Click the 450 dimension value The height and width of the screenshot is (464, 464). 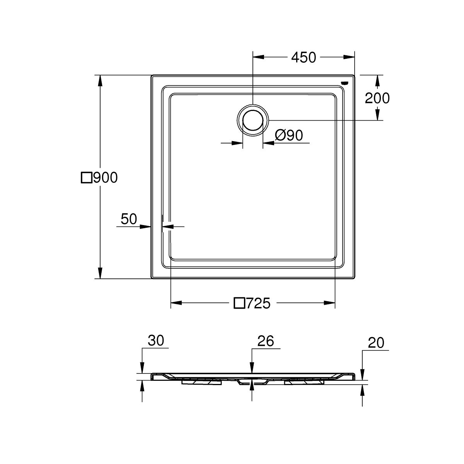[x=304, y=57]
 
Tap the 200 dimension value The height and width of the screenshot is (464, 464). [x=377, y=98]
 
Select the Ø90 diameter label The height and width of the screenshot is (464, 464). [x=289, y=135]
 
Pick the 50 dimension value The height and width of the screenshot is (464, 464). [x=129, y=219]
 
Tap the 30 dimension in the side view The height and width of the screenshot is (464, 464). [x=156, y=341]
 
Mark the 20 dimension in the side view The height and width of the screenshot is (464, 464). [x=376, y=343]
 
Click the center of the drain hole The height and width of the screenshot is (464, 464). [x=253, y=120]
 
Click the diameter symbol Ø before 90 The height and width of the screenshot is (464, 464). [x=280, y=135]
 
